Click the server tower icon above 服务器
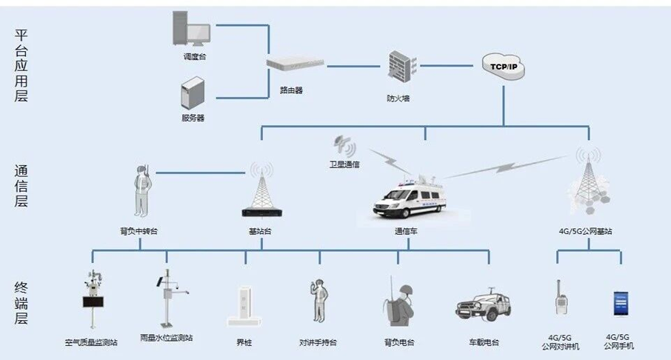pyautogui.click(x=191, y=96)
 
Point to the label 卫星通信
pyautogui.click(x=344, y=164)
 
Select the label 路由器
pyautogui.click(x=291, y=90)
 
